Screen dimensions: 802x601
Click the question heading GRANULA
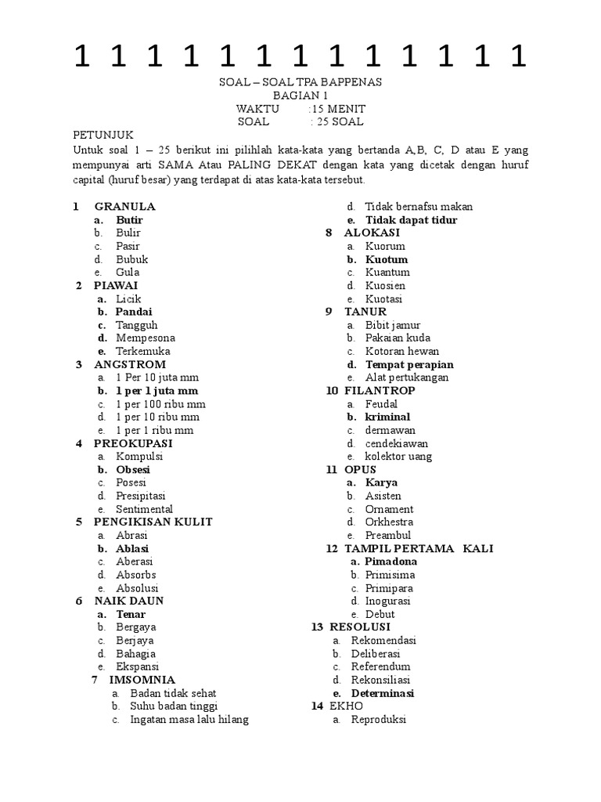[124, 207]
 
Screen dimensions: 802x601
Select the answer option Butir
[129, 220]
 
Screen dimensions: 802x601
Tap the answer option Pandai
[134, 312]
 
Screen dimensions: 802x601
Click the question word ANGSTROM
[130, 364]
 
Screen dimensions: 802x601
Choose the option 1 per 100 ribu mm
[160, 404]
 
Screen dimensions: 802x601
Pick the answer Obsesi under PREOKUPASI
[133, 470]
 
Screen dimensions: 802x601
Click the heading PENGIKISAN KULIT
[153, 522]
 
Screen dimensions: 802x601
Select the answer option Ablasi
[132, 549]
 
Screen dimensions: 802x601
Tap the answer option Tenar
[131, 615]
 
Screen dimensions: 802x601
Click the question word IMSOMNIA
[142, 680]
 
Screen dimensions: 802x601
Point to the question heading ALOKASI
[372, 233]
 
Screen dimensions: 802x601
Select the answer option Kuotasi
[383, 299]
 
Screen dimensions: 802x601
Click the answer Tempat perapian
[409, 364]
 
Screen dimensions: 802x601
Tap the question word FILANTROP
[380, 391]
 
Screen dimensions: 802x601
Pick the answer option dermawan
[390, 430]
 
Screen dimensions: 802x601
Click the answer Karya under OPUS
[381, 483]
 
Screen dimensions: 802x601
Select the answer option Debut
[380, 615]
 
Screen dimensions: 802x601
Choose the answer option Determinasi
[383, 693]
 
